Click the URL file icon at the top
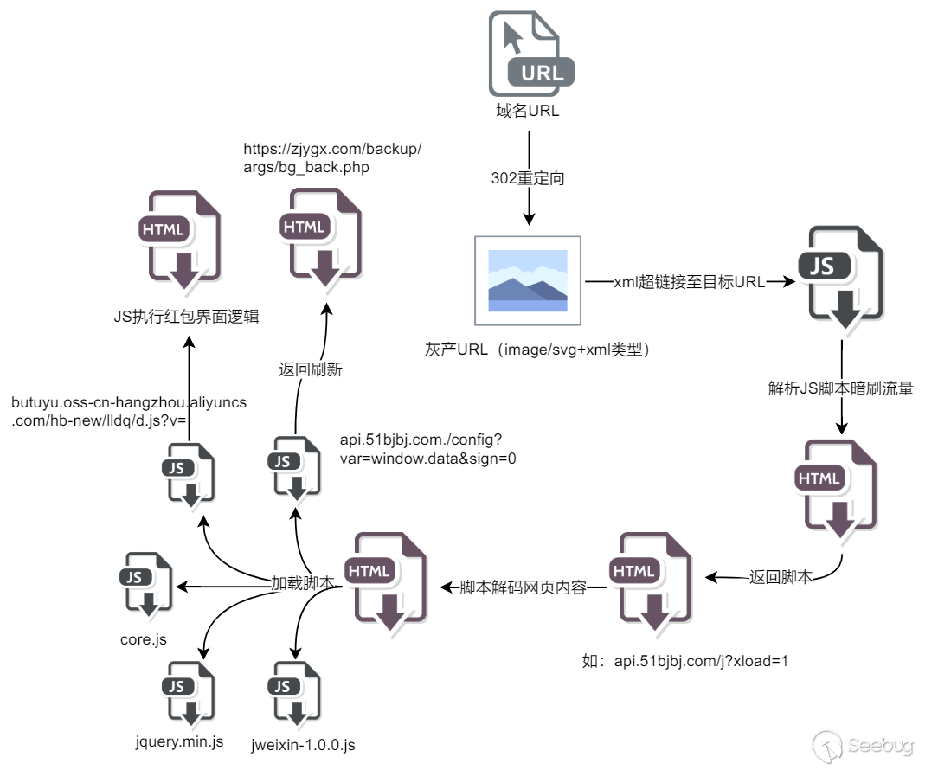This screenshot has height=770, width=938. [530, 54]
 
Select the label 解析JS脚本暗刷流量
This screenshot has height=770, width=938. [840, 388]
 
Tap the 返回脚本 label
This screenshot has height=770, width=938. [780, 577]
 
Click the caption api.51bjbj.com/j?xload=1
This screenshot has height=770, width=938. [685, 662]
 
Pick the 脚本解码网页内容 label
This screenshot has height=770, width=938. [524, 587]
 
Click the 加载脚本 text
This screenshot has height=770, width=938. [303, 584]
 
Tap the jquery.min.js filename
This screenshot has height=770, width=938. [180, 741]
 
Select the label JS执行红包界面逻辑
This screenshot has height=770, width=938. [186, 317]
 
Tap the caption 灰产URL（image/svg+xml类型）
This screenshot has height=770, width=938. [536, 350]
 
